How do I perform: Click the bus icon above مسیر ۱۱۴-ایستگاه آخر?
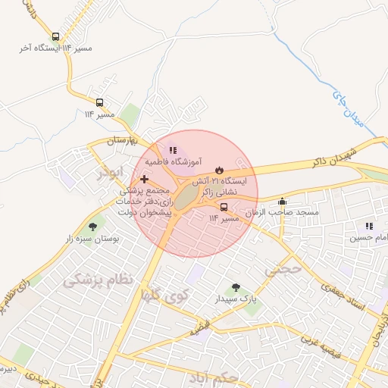coord(55,36)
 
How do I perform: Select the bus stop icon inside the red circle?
coord(224,207)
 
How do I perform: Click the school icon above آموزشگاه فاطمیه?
coord(173,151)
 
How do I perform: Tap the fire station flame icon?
coord(218,170)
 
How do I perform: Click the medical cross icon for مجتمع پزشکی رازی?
coord(145,178)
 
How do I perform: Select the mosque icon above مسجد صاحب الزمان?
coord(283,202)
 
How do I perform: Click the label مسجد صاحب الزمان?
coord(287,214)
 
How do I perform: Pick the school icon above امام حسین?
coord(369,226)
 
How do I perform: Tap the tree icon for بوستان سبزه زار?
coord(93,226)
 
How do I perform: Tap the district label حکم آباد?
coord(217,377)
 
